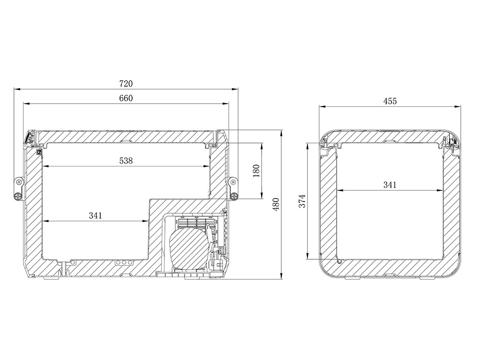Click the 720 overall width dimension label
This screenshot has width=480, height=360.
tap(126, 83)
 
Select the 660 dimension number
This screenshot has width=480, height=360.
tap(126, 98)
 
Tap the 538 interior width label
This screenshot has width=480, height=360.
tap(126, 160)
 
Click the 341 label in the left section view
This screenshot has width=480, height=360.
tap(95, 216)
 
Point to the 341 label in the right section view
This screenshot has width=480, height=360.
tap(390, 185)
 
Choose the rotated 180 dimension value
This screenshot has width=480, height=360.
tap(256, 171)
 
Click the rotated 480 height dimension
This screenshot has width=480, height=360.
tap(276, 204)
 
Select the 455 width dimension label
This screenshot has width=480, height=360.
tap(390, 101)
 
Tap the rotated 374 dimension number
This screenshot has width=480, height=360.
tap(302, 201)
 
